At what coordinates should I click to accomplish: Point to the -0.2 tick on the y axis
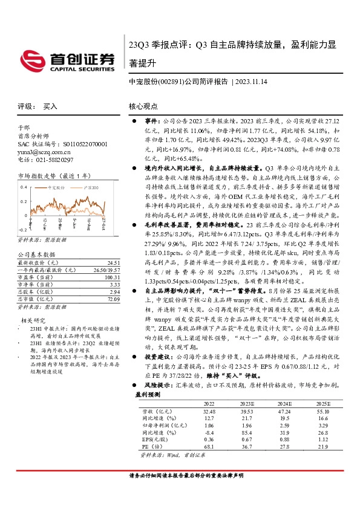point(22,230)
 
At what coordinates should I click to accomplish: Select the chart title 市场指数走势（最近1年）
point(54,176)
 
